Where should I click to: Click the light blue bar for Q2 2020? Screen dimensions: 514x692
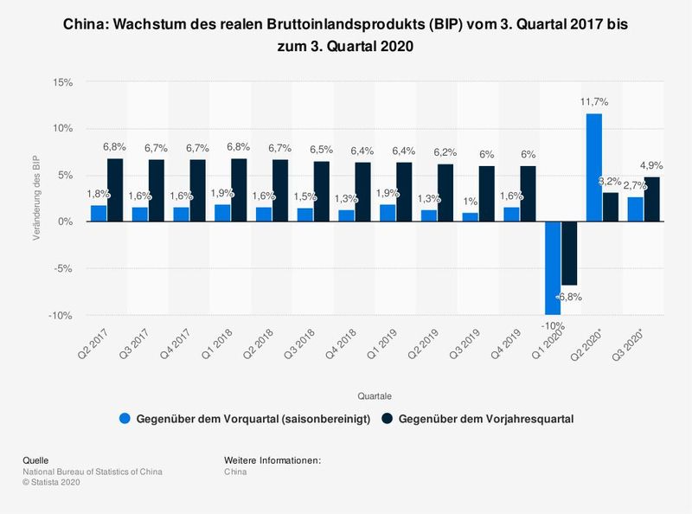(593, 168)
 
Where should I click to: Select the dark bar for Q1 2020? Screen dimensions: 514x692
(569, 253)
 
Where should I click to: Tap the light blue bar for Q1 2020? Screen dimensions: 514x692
(553, 267)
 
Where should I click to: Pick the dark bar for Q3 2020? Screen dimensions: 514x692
(651, 199)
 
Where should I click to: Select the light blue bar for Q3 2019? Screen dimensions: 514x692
(470, 217)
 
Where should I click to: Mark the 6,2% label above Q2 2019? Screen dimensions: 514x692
(445, 152)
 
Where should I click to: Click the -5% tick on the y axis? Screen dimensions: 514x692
(62, 268)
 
